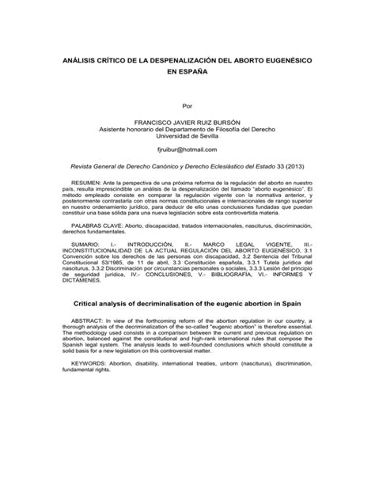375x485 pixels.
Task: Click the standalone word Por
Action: [x=187, y=104]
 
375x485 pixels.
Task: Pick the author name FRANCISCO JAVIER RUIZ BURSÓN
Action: [x=187, y=122]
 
